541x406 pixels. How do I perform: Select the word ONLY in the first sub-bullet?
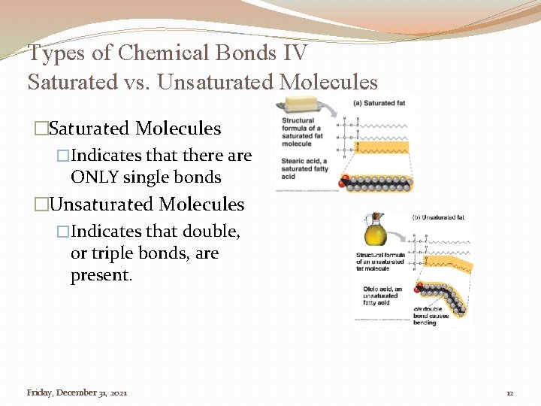[93, 178]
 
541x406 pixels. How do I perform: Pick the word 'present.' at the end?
[101, 275]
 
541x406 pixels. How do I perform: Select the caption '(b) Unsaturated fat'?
[438, 217]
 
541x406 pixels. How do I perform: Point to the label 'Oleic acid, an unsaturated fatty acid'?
[382, 295]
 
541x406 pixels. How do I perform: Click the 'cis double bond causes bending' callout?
[431, 316]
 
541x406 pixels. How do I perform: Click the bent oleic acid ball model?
[443, 293]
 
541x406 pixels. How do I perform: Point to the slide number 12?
[509, 393]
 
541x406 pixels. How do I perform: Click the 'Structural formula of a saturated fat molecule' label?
[303, 132]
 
